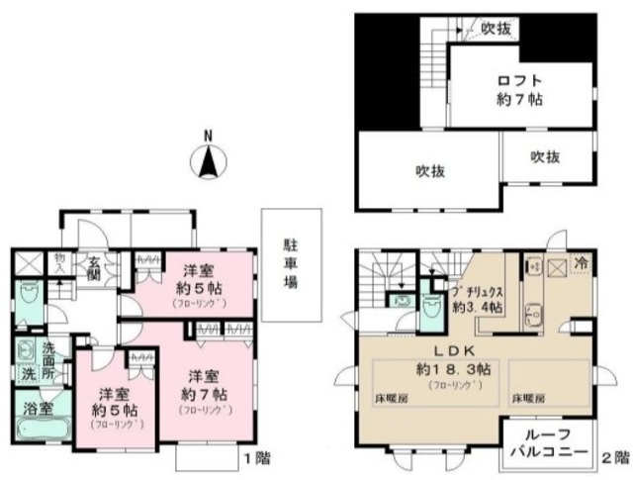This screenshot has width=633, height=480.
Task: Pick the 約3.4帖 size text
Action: point(477,308)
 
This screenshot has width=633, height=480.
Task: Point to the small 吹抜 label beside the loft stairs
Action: point(496,29)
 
